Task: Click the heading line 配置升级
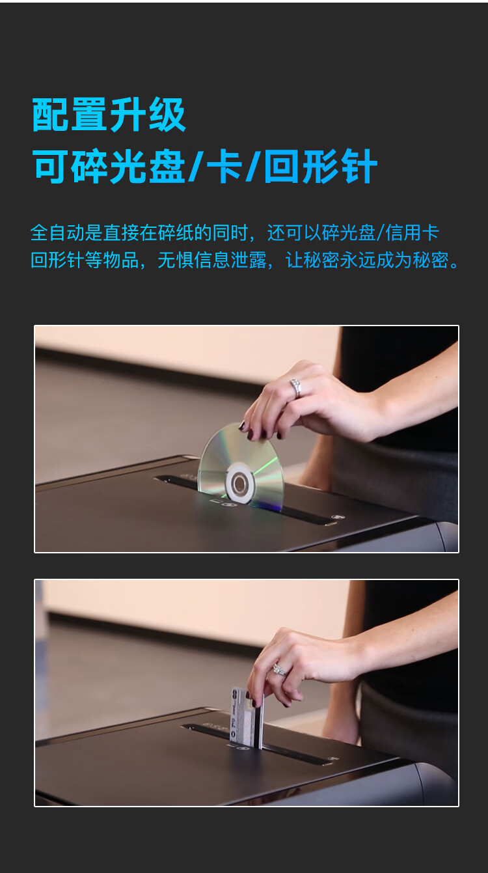point(109,115)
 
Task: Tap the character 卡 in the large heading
point(224,166)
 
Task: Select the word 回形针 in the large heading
point(321,166)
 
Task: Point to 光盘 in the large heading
point(147,166)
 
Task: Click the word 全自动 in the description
point(57,232)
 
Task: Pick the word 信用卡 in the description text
point(412,232)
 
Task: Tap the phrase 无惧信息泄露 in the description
point(212,260)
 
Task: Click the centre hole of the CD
point(238,484)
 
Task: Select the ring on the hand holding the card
point(279,670)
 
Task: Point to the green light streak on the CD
point(265,466)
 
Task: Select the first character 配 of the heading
point(51,115)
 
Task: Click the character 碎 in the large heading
point(90,166)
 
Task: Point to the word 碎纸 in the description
point(176,232)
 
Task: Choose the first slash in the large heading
point(195,166)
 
